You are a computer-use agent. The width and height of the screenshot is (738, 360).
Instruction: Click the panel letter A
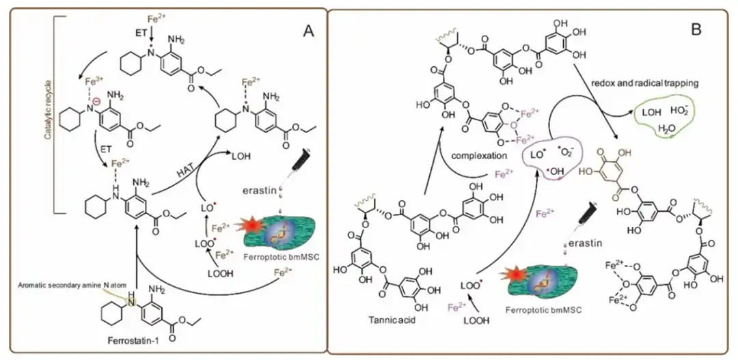pyautogui.click(x=309, y=31)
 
